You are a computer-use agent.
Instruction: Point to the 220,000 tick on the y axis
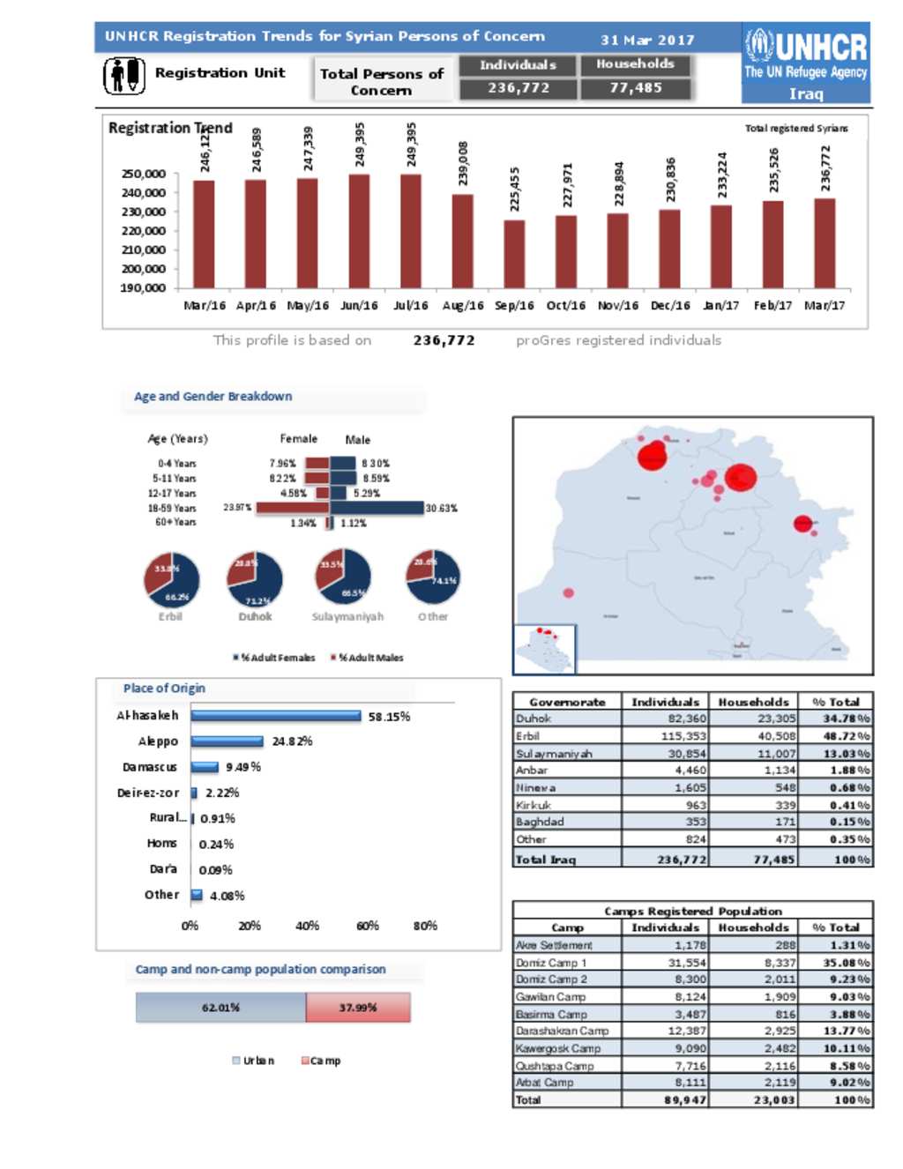coord(143,231)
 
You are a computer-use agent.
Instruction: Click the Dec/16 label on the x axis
coord(670,306)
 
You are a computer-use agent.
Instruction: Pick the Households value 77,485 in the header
coord(636,88)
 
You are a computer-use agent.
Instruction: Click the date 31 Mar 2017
coord(647,40)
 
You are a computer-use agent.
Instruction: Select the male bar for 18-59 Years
coord(377,508)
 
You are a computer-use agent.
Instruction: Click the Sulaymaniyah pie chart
coord(343,577)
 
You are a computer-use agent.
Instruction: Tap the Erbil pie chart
coord(172,580)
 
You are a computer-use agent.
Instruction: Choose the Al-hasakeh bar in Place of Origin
coord(276,716)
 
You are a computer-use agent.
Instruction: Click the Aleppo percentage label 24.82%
coord(292,741)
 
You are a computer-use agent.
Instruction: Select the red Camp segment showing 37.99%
coord(358,1008)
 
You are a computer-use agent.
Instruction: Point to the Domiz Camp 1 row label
coord(551,963)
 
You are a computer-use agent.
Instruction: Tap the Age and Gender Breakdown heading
coord(213,397)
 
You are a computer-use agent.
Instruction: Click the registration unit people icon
coord(124,75)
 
